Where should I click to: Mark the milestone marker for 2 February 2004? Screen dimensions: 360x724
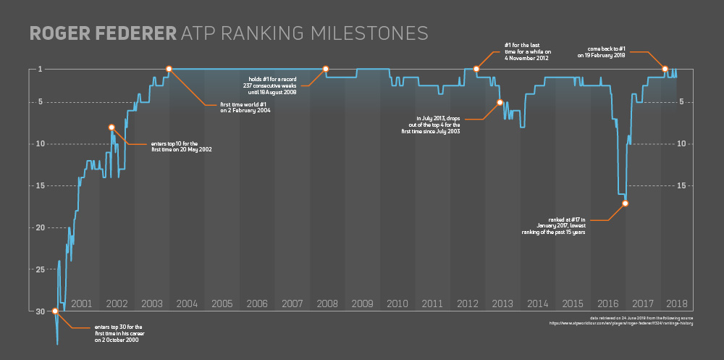point(169,69)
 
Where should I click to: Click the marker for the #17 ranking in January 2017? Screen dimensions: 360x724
point(625,203)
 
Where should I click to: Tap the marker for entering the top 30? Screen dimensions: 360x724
point(55,311)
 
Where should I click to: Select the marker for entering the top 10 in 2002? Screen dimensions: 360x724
point(111,127)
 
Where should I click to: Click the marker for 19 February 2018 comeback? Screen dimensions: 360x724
point(665,69)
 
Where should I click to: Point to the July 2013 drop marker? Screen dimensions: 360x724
point(500,102)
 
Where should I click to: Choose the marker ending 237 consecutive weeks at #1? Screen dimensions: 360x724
point(325,69)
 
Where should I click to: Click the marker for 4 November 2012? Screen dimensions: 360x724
point(476,69)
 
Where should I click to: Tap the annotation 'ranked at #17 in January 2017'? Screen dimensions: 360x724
point(553,225)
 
